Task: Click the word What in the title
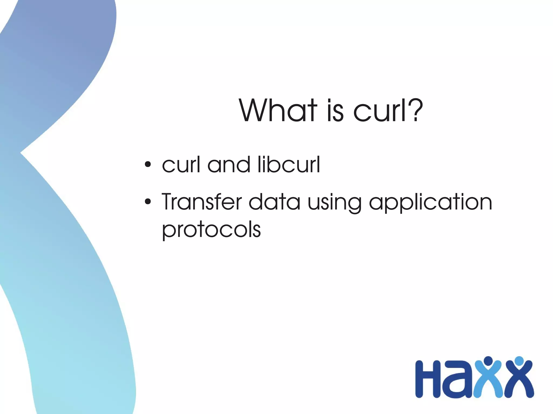click(278, 111)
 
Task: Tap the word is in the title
click(335, 111)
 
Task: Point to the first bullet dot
click(147, 165)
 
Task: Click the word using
click(334, 204)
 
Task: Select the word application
click(430, 204)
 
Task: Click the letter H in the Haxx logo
click(429, 379)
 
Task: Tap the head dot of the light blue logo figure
click(488, 361)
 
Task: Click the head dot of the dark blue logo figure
click(519, 361)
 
